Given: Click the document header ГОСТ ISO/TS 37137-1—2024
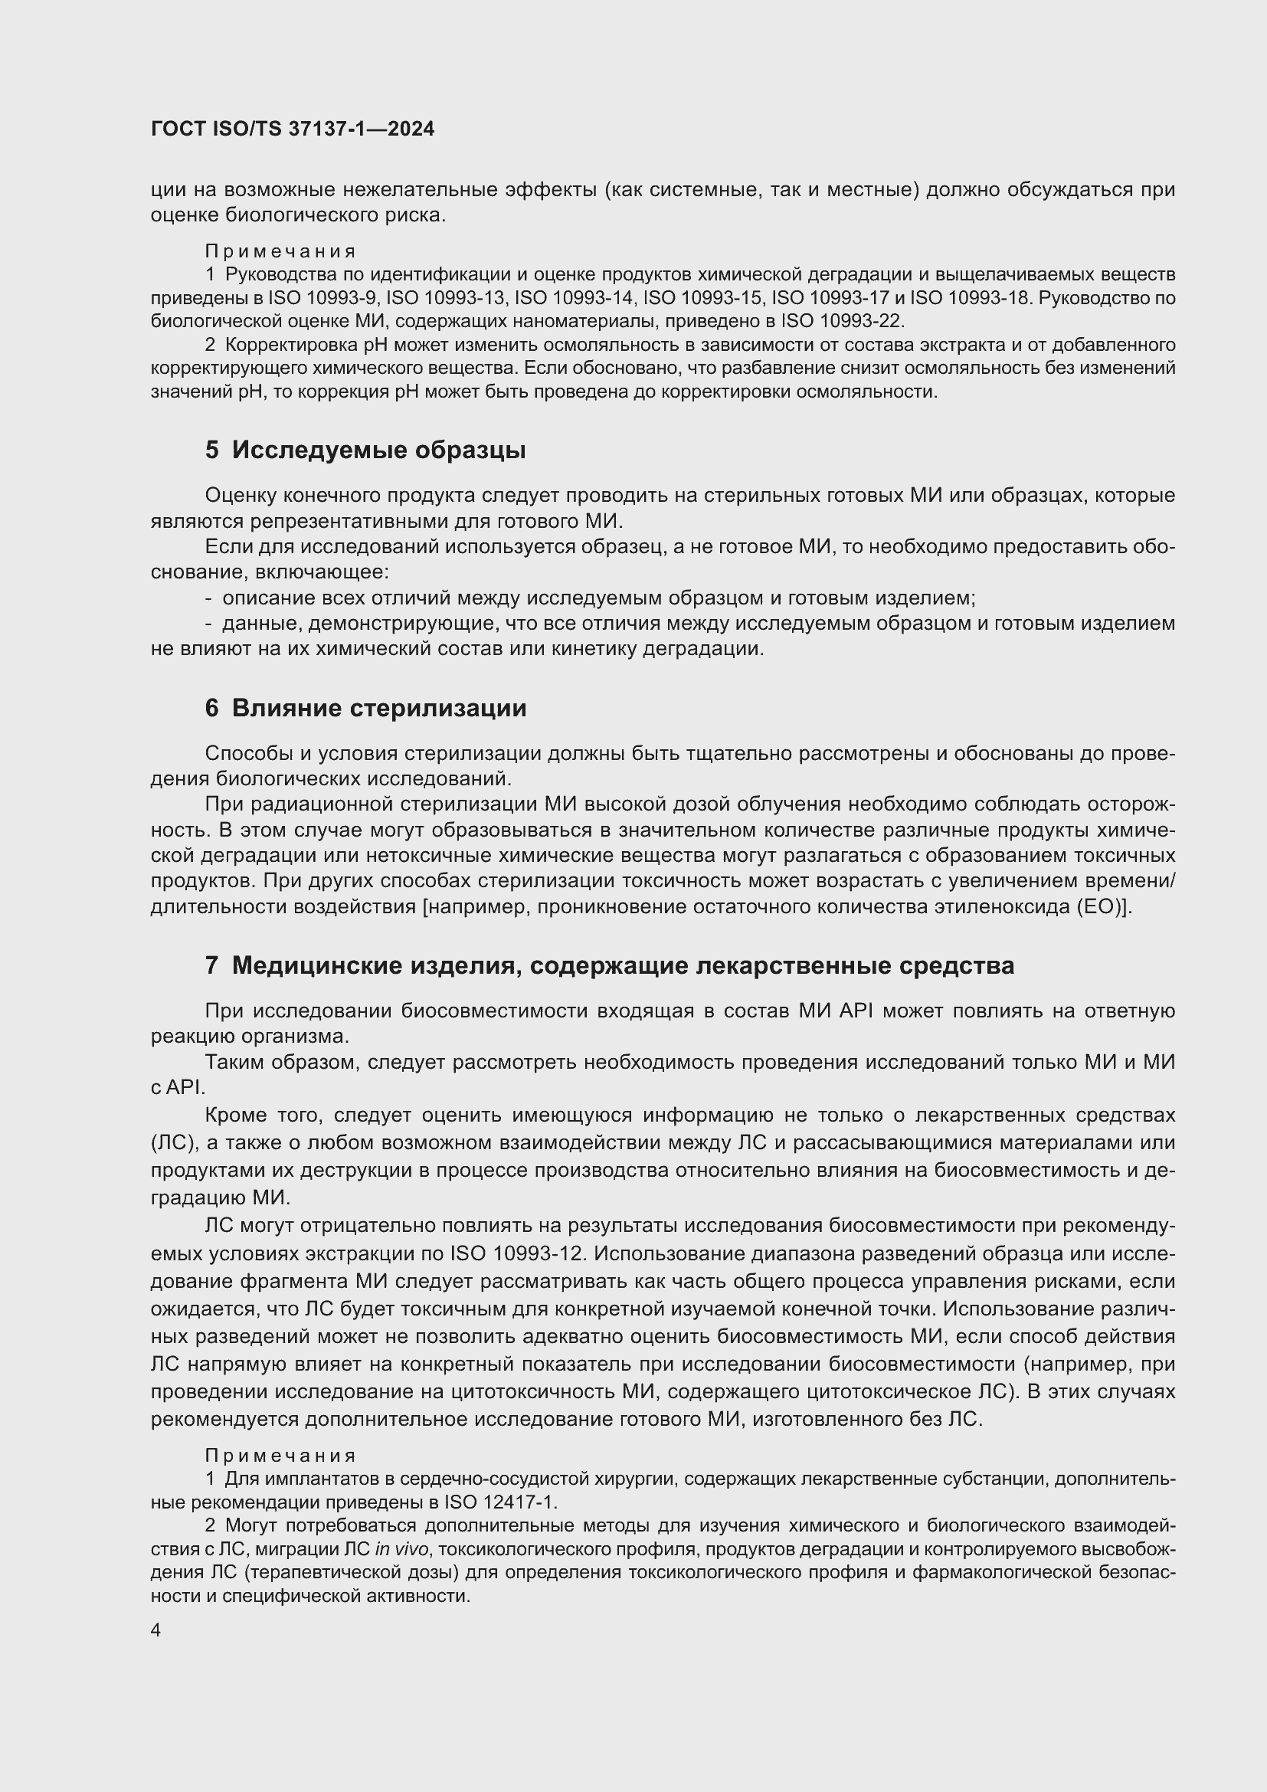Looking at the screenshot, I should pyautogui.click(x=293, y=129).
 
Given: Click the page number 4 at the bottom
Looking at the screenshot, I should pyautogui.click(x=156, y=1630).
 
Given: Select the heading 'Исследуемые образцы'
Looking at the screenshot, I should pyautogui.click(x=378, y=450).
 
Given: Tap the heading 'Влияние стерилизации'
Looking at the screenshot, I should pyautogui.click(x=379, y=708).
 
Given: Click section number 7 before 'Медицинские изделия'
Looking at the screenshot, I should pyautogui.click(x=211, y=965).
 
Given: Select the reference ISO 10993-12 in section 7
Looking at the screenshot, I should pyautogui.click(x=518, y=1253).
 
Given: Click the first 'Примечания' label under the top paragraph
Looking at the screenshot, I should pyautogui.click(x=280, y=251).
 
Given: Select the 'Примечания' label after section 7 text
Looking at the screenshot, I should pyautogui.click(x=280, y=1456).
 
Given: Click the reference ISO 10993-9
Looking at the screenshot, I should pyautogui.click(x=323, y=298).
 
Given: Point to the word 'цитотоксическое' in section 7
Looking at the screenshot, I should pyautogui.click(x=889, y=1391).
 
